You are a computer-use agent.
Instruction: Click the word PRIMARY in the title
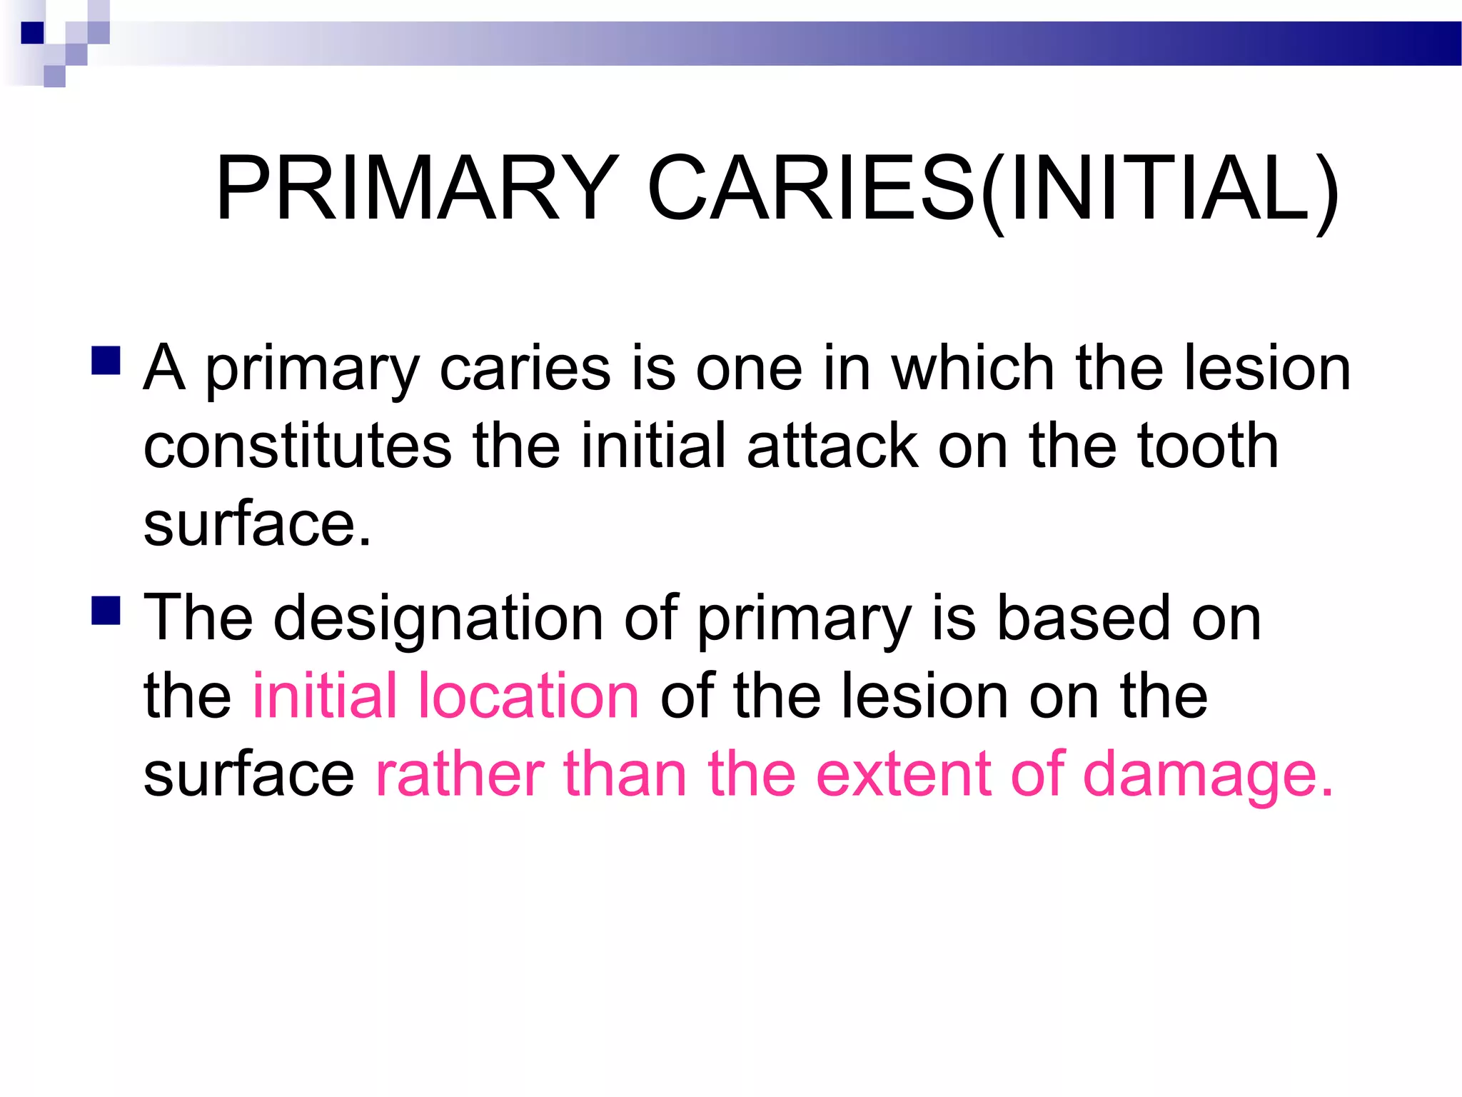tap(417, 189)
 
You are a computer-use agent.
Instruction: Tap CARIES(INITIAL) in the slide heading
tap(993, 189)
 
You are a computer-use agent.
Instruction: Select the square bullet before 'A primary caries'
tap(106, 361)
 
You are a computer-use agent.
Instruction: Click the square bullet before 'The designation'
tap(106, 611)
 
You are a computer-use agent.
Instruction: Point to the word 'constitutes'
tap(298, 446)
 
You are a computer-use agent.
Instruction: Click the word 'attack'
tap(832, 446)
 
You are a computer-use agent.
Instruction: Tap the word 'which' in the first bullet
tap(973, 369)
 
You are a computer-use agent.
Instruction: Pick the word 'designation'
tap(438, 618)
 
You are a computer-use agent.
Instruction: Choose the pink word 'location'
tap(528, 696)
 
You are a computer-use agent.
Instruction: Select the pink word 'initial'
tap(325, 696)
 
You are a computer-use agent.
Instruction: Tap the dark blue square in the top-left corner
tap(33, 33)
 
